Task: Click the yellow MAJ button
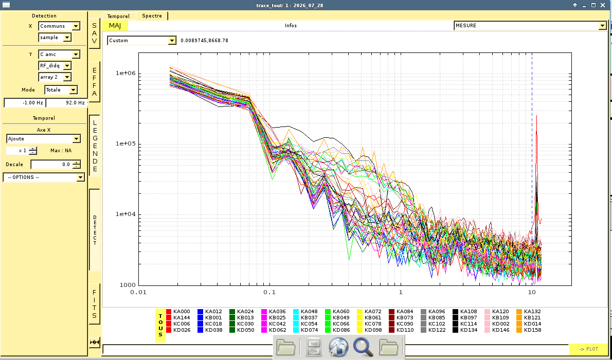click(x=115, y=26)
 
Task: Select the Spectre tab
click(x=152, y=16)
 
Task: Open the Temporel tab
click(x=118, y=16)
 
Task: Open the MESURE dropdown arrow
click(x=603, y=26)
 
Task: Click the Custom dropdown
click(x=141, y=41)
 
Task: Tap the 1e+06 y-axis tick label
click(x=125, y=74)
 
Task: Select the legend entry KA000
click(x=178, y=312)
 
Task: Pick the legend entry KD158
click(x=529, y=330)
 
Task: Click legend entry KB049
click(x=337, y=318)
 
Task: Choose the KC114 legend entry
click(x=465, y=323)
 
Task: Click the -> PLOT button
click(x=588, y=349)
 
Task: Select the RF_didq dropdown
click(x=55, y=66)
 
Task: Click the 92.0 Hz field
click(x=66, y=103)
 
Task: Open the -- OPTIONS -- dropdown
click(x=44, y=177)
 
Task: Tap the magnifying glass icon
click(x=363, y=347)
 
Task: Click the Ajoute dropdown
click(x=44, y=139)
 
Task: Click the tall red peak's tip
click(x=537, y=115)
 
